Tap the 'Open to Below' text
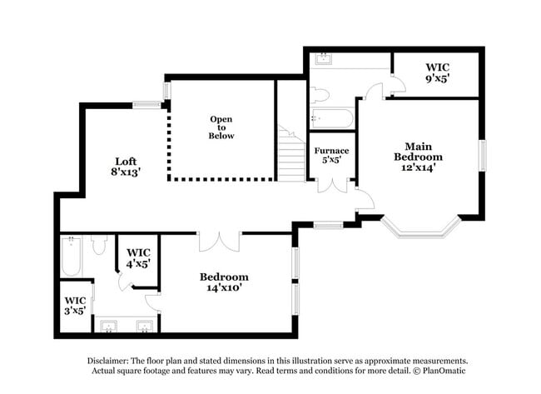221,127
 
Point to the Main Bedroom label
418,151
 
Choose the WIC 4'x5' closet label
138,257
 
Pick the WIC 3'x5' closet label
76,305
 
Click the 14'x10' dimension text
224,288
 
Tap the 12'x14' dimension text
418,167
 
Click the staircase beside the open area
291,157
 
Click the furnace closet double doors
331,185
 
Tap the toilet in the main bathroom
320,94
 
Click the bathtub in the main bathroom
331,119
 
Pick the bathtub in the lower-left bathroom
72,257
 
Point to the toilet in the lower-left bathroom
98,244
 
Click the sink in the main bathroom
322,58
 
